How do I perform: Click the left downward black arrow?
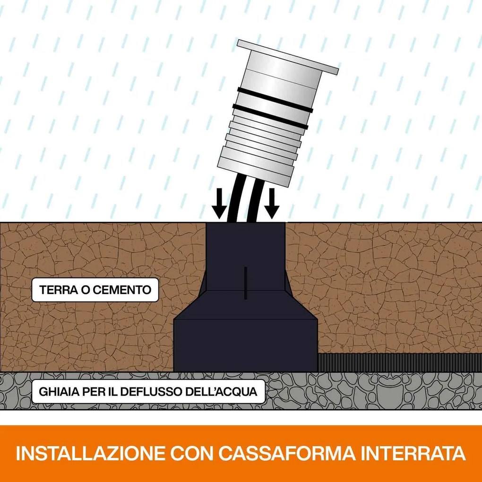tap(219, 203)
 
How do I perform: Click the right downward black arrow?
tap(272, 203)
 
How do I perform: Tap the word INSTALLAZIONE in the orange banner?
tap(90, 453)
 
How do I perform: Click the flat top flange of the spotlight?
tap(288, 57)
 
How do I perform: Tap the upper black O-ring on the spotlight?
tap(275, 100)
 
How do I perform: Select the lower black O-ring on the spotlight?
tap(270, 117)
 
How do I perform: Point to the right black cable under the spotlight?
tap(255, 200)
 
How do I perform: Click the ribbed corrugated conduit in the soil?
tap(399, 362)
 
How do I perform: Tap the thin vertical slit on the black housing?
tap(245, 283)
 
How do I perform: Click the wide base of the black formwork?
tap(245, 345)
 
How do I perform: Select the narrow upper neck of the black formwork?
tap(245, 256)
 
